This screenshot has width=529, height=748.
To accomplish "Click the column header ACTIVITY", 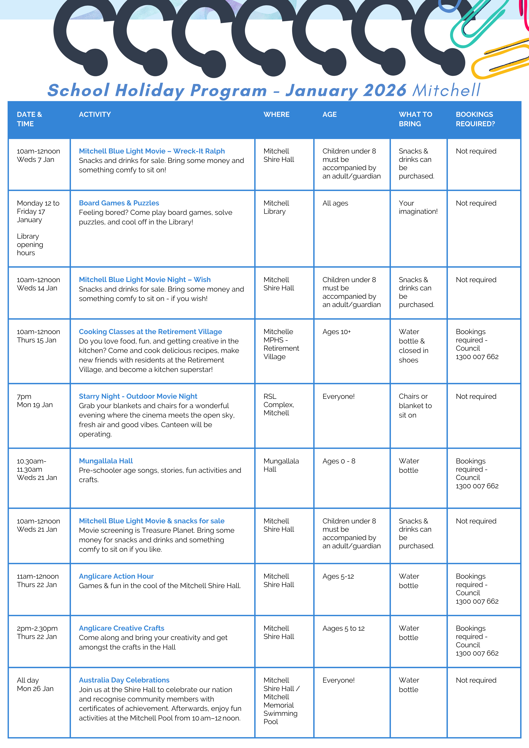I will (95, 114).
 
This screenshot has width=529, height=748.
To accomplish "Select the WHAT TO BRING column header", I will (415, 119).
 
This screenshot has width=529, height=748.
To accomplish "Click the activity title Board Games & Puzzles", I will (119, 203).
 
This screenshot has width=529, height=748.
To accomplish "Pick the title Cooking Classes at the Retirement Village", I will (150, 332).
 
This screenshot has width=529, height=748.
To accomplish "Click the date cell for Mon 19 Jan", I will (35, 405).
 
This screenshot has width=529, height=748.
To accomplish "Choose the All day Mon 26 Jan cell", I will (35, 684).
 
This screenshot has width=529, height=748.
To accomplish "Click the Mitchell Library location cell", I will (276, 207).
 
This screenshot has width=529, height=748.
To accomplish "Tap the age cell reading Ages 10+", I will (336, 332).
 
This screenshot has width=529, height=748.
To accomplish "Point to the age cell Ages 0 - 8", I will (339, 461).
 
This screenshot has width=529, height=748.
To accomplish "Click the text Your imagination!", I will (418, 207).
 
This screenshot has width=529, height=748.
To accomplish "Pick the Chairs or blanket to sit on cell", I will (415, 406).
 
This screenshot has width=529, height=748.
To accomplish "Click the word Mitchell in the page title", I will (446, 90).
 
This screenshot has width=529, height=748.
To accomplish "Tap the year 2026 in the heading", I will (385, 90).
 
